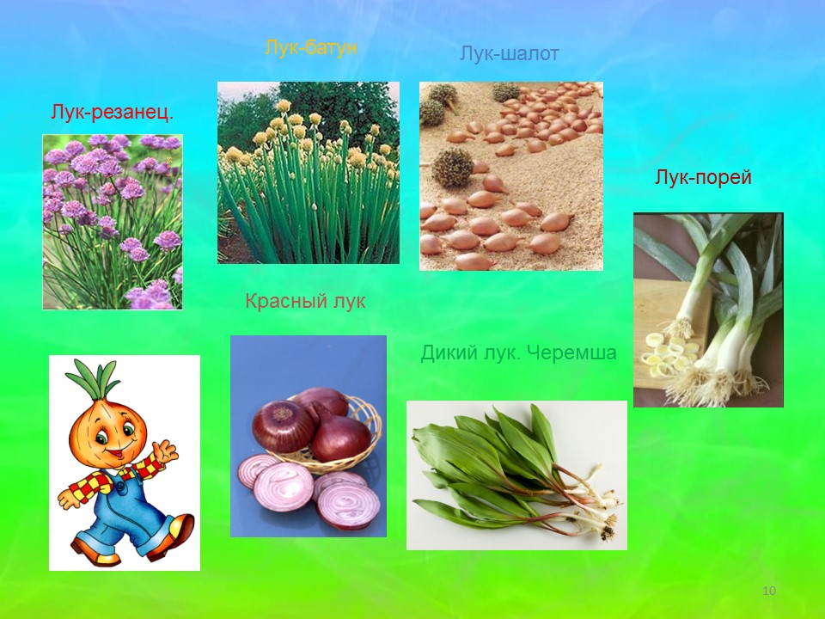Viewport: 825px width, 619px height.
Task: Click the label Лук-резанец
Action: pyautogui.click(x=112, y=112)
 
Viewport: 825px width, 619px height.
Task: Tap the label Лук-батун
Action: pyautogui.click(x=311, y=47)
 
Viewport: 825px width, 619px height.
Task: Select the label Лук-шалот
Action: pyautogui.click(x=509, y=53)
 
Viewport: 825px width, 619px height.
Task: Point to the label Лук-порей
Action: pyautogui.click(x=703, y=177)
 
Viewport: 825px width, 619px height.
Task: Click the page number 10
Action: pyautogui.click(x=768, y=591)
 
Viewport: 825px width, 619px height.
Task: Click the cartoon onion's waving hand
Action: pyautogui.click(x=166, y=451)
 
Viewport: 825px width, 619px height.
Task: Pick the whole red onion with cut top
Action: pyautogui.click(x=282, y=426)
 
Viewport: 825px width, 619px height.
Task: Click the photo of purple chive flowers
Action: pyautogui.click(x=113, y=222)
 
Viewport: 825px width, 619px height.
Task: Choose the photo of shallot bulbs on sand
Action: pyautogui.click(x=510, y=175)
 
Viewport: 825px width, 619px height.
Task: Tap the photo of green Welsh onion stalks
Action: pyautogui.click(x=309, y=173)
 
